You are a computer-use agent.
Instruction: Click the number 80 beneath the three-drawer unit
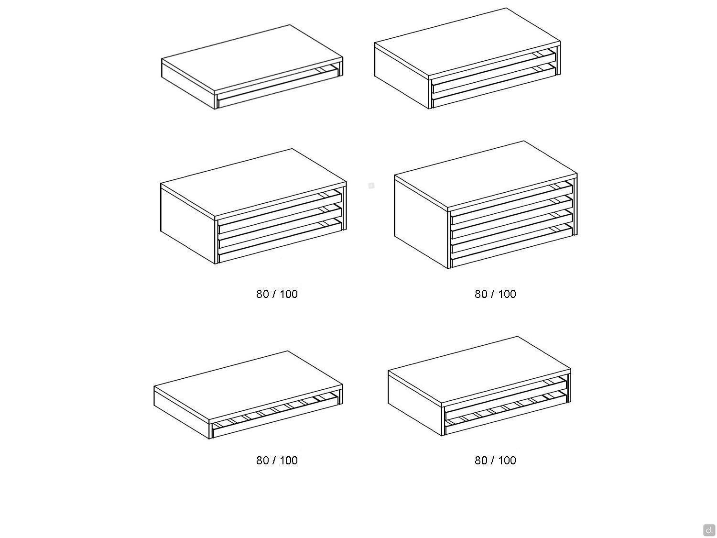[262, 294]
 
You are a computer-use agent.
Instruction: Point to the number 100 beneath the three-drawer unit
[288, 294]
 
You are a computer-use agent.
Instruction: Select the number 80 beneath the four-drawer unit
[481, 294]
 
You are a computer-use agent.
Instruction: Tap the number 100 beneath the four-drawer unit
[507, 294]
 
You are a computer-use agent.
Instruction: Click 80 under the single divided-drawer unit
[262, 460]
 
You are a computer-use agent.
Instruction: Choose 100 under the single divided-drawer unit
[288, 460]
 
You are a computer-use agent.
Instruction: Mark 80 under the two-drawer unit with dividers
[481, 460]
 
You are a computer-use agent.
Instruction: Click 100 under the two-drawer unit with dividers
[507, 460]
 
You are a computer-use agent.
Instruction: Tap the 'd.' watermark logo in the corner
[709, 529]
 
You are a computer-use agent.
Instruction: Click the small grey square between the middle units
[371, 186]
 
